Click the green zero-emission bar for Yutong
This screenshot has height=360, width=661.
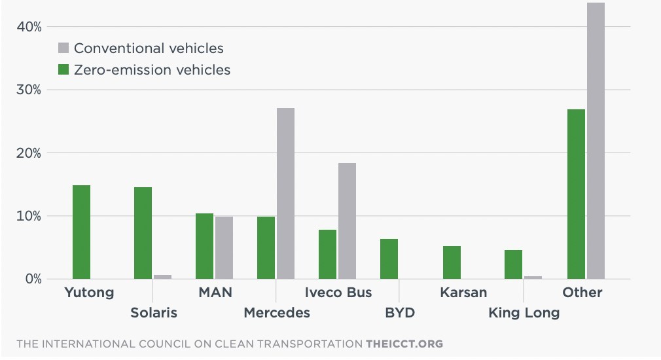81,232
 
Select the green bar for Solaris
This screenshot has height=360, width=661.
143,233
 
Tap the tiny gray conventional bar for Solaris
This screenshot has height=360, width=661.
162,276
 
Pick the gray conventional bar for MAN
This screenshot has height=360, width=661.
224,247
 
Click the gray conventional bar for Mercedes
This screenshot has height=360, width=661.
285,194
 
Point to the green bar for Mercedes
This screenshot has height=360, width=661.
266,247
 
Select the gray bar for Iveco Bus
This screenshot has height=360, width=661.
347,221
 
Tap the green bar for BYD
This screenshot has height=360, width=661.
389,259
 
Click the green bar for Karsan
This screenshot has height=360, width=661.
452,262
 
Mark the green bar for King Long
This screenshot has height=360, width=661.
514,264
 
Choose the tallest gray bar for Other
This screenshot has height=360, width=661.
596,141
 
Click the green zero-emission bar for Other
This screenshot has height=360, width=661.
577,194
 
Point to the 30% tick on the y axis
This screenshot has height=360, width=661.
29,90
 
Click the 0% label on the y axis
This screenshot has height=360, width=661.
33,279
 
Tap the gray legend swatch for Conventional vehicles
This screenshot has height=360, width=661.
63,48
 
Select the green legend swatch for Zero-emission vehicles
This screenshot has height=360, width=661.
63,69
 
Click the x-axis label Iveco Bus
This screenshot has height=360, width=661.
338,292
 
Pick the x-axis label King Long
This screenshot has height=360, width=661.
524,313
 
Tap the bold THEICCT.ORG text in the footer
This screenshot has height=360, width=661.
404,344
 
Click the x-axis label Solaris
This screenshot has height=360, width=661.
153,313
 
